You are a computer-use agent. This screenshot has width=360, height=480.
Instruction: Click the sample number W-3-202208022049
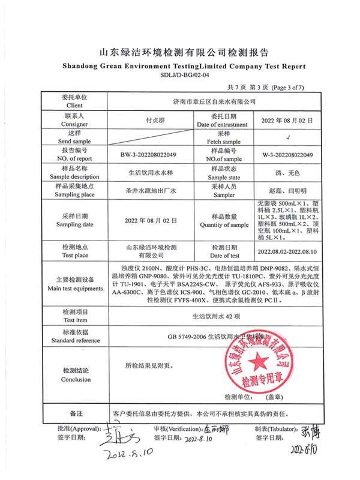pos(288,155)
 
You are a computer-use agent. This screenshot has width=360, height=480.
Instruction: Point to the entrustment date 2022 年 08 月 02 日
pos(288,120)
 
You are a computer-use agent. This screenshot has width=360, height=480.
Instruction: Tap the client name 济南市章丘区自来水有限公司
pos(214,102)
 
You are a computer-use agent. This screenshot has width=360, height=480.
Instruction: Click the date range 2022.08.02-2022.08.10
pos(288,252)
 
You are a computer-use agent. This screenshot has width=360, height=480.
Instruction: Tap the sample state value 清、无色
pos(288,173)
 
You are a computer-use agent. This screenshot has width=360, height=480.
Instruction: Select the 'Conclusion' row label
pos(75,379)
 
